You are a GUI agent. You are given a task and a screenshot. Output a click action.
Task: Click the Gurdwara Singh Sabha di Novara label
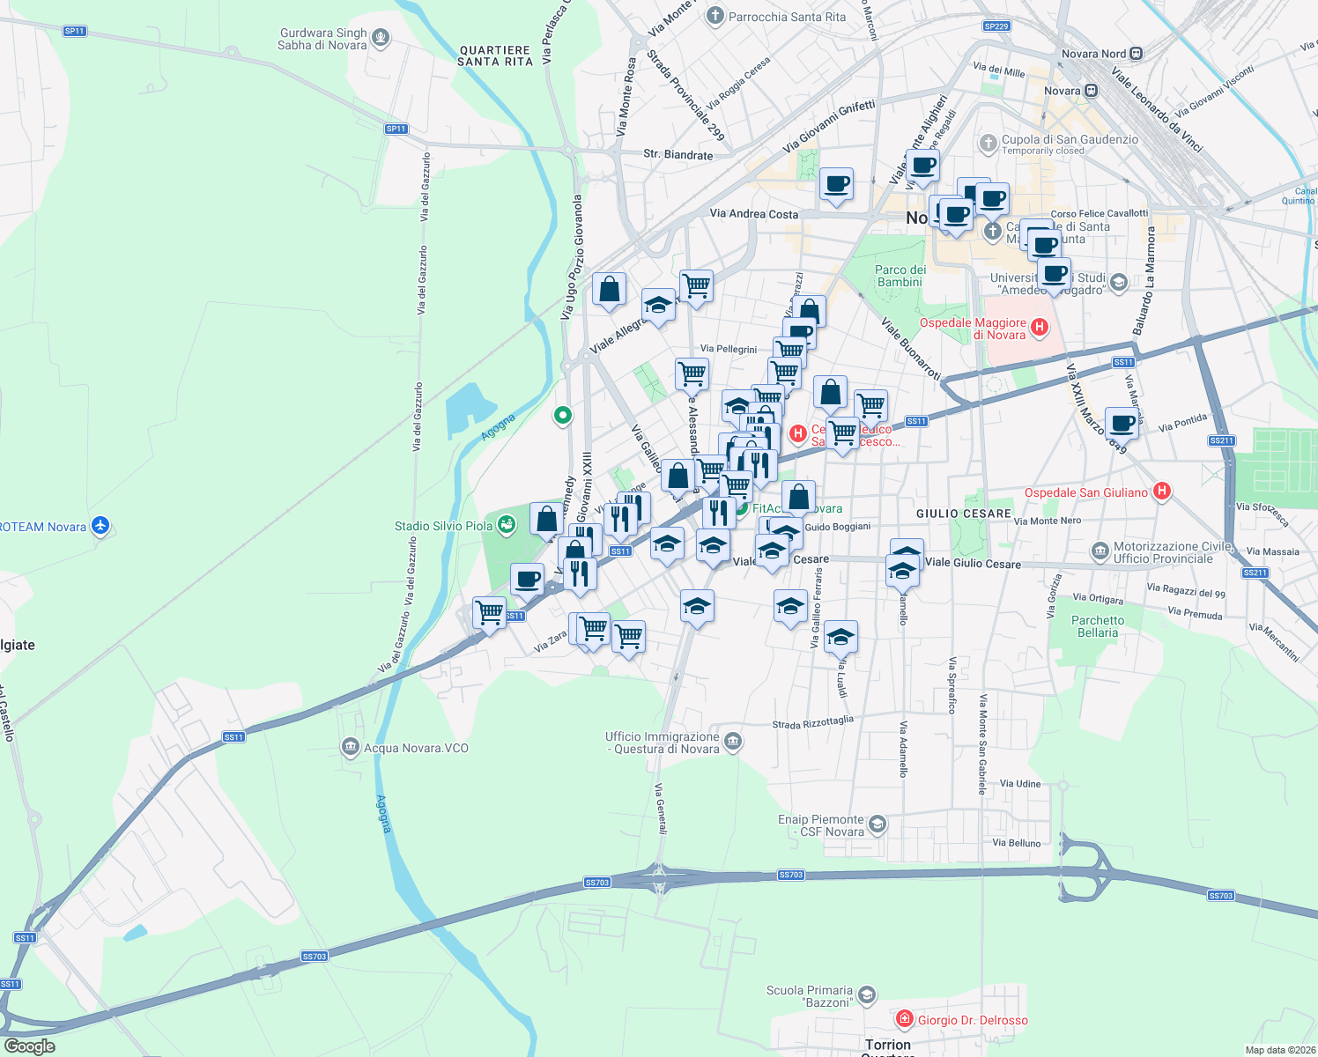[322, 40]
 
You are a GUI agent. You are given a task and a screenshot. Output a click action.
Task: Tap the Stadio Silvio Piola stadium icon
[507, 526]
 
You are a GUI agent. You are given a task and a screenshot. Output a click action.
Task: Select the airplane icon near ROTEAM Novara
[100, 526]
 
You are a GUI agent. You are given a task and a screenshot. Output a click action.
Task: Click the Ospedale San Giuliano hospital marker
[1162, 492]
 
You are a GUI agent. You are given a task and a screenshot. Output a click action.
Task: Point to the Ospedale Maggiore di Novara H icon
[1040, 328]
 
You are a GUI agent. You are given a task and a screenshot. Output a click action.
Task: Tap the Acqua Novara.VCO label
[416, 748]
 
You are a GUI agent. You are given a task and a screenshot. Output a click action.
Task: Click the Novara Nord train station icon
[1137, 54]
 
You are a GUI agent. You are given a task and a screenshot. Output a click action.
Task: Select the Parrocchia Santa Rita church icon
[715, 16]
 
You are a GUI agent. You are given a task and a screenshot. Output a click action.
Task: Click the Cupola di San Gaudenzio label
[1070, 139]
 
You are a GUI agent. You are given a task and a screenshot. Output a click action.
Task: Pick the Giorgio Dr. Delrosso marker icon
[904, 1019]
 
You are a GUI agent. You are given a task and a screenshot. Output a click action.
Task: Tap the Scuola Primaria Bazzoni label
[810, 996]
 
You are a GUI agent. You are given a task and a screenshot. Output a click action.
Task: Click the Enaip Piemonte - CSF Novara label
[821, 825]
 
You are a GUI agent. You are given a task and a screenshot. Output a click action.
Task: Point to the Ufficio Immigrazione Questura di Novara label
[663, 743]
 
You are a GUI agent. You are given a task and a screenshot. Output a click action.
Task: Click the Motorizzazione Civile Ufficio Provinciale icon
[1100, 551]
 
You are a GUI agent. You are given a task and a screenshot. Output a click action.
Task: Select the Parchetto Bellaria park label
[1098, 626]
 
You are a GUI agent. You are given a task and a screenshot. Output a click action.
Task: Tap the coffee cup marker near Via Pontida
[1122, 425]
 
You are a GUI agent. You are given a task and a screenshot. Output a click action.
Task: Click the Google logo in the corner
[29, 1046]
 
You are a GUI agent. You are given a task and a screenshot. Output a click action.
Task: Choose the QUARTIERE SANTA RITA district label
[495, 56]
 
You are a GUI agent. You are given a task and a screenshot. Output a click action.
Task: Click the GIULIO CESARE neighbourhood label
[963, 513]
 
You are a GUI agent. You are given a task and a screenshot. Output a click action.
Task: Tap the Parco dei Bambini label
[900, 276]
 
